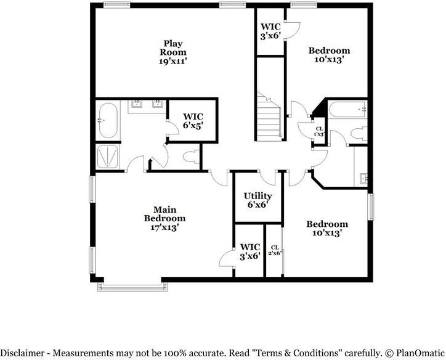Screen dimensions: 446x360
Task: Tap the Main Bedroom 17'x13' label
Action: pyautogui.click(x=164, y=219)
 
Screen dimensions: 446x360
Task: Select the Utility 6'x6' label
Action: pyautogui.click(x=257, y=200)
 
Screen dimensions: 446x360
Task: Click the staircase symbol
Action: pyautogui.click(x=269, y=117)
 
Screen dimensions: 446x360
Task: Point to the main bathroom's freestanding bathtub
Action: pyautogui.click(x=108, y=120)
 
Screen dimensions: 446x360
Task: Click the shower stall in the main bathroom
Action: pyautogui.click(x=108, y=156)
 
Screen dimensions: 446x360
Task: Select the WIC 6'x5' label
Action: pyautogui.click(x=193, y=121)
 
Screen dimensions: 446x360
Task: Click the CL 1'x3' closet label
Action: pyautogui.click(x=320, y=131)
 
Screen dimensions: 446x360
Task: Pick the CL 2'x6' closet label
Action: pyautogui.click(x=275, y=250)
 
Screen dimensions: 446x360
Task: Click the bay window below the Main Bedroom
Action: pyautogui.click(x=132, y=287)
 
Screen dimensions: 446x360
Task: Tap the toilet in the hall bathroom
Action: pyautogui.click(x=359, y=134)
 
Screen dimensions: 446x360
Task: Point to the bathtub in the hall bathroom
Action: pyautogui.click(x=347, y=109)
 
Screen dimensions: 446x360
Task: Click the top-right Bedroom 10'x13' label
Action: pyautogui.click(x=329, y=55)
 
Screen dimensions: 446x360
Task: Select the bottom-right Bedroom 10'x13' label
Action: pyautogui.click(x=327, y=229)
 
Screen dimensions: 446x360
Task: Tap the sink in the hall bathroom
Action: pyautogui.click(x=363, y=179)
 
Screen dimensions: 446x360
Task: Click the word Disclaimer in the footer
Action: pyautogui.click(x=22, y=353)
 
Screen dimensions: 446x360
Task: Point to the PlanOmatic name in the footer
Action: pyautogui.click(x=420, y=353)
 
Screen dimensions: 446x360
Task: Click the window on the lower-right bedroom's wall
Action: pyautogui.click(x=371, y=207)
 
